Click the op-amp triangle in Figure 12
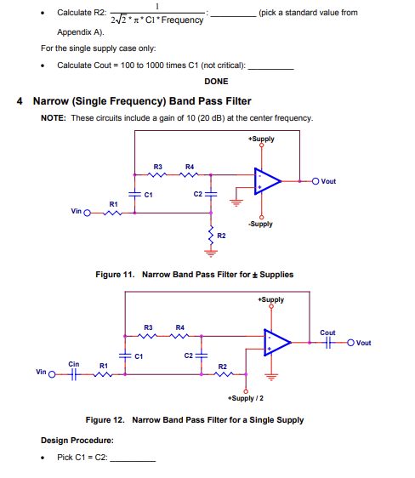coord(276,343)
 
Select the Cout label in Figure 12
coord(327,333)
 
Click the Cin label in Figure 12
coord(74,363)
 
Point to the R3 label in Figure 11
coord(157,166)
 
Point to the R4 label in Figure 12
coord(179,327)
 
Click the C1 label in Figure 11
coord(147,195)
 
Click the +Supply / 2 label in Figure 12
coord(245,398)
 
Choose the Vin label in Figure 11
coord(76,213)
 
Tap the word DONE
coord(216,82)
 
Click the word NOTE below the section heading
coord(54,117)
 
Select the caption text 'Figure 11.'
coord(118,275)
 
